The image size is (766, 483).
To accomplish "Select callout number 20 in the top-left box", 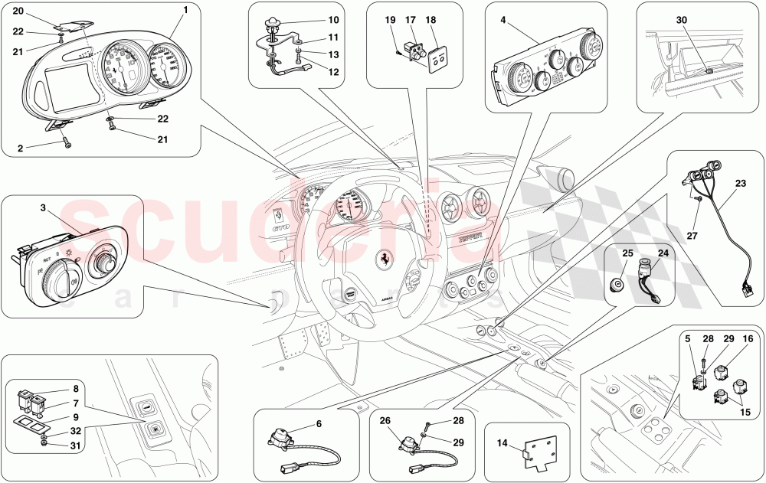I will click(x=18, y=11).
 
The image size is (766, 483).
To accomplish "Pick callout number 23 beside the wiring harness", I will click(x=740, y=183).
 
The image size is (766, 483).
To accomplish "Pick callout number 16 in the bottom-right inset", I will click(x=748, y=338).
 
